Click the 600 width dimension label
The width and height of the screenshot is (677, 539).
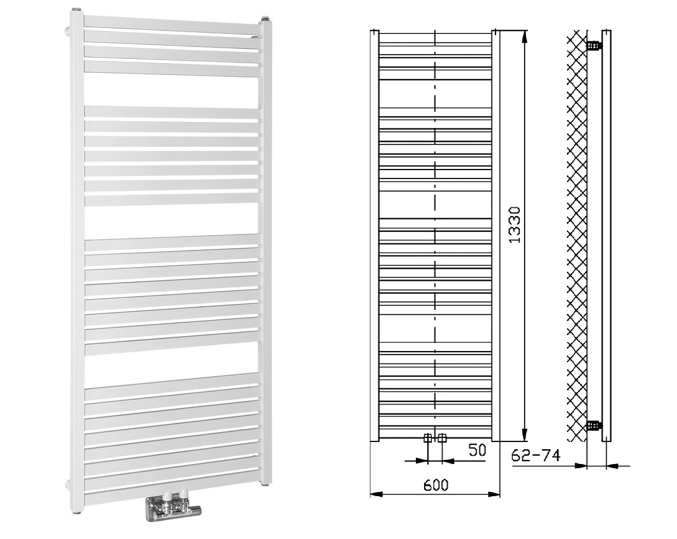(435, 485)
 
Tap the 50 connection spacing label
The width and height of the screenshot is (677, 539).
(477, 450)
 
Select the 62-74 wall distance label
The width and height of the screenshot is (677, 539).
(535, 455)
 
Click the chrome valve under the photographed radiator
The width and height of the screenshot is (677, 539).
(173, 508)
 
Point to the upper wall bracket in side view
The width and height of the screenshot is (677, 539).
(594, 45)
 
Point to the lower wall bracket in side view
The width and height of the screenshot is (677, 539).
(594, 426)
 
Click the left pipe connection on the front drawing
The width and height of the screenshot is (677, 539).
(428, 438)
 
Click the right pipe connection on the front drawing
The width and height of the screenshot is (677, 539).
(441, 438)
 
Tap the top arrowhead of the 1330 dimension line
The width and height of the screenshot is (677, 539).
(525, 36)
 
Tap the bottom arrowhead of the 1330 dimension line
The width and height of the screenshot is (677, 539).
(525, 435)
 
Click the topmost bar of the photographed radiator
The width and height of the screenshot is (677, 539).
(172, 25)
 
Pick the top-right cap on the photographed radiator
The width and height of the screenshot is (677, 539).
(265, 20)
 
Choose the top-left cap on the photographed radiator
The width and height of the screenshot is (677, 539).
(77, 10)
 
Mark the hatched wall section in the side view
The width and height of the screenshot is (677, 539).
(577, 236)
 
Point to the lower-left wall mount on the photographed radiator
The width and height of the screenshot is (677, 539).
(68, 485)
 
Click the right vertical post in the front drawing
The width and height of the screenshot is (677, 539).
(496, 236)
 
